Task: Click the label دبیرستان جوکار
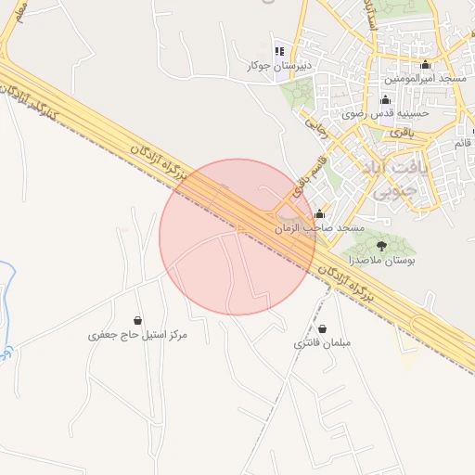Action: tap(277, 66)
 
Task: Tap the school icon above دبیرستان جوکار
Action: tap(278, 50)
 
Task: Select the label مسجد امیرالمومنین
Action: tap(426, 80)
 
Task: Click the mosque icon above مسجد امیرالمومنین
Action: tap(426, 65)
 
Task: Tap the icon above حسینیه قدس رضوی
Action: tap(385, 99)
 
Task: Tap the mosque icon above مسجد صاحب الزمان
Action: tap(320, 213)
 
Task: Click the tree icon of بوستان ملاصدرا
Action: tap(381, 245)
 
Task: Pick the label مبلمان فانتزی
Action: tap(322, 343)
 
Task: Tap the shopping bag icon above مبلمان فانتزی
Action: tap(322, 328)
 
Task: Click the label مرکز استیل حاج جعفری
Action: tap(137, 334)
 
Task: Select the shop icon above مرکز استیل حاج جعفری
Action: tap(138, 319)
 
